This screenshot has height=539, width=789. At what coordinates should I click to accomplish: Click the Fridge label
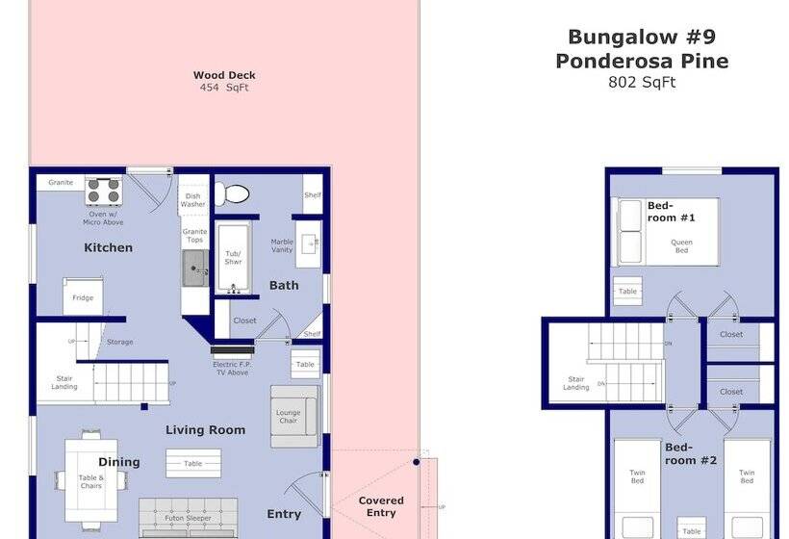point(83,297)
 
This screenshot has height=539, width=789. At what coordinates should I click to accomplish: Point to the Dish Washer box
point(192,199)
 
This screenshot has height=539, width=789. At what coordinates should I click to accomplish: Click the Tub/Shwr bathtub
point(234,257)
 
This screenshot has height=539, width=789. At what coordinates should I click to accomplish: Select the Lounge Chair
point(293,416)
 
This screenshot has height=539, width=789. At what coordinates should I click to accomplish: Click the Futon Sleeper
point(189,517)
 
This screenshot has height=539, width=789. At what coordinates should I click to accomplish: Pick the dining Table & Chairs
point(91,479)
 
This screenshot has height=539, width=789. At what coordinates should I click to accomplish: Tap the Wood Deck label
point(224,75)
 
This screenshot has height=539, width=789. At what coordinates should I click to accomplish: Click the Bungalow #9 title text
point(642,38)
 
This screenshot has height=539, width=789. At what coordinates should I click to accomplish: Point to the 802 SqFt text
point(642,83)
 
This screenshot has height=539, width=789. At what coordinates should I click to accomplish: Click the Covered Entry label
point(381,506)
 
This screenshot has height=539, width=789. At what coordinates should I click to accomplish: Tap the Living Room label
point(205,430)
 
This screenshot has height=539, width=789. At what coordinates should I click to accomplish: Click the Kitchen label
point(108,247)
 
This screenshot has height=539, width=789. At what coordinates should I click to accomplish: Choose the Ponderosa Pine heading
point(642,62)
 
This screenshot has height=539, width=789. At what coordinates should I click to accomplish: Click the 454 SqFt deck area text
point(224,88)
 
